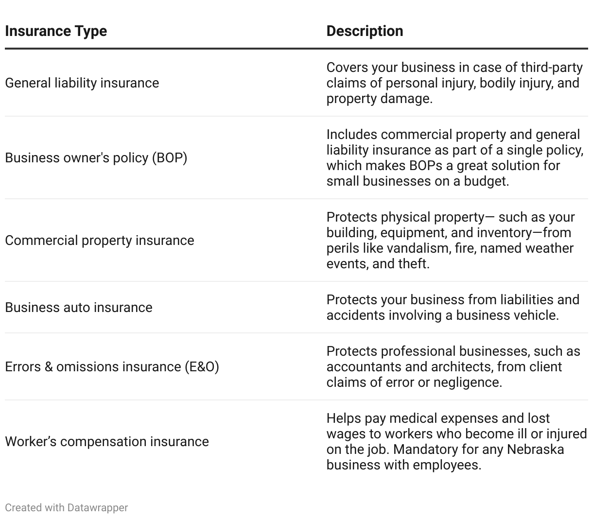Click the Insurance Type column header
tap(56, 31)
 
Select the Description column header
tap(365, 31)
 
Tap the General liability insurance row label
tap(82, 83)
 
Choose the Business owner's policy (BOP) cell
tap(96, 158)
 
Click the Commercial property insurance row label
tap(99, 241)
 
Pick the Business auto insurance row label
tap(78, 308)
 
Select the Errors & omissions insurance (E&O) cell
tap(112, 367)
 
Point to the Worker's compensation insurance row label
tap(106, 442)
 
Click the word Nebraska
tap(535, 450)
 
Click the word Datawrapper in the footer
tap(98, 508)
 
